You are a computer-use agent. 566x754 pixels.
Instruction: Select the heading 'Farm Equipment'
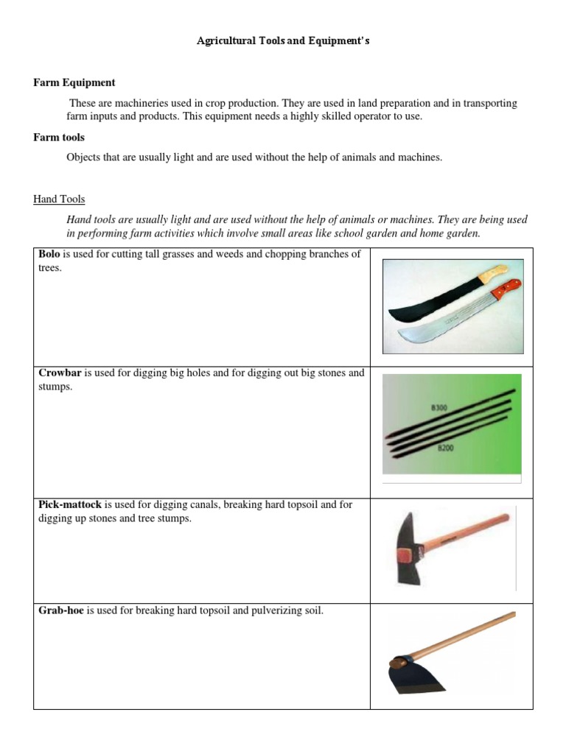pyautogui.click(x=74, y=82)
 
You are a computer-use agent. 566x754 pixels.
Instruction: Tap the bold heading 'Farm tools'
pyautogui.click(x=59, y=138)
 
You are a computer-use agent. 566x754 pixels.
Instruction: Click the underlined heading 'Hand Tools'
pyautogui.click(x=59, y=199)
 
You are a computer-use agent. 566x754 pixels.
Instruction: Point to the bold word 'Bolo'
pyautogui.click(x=49, y=254)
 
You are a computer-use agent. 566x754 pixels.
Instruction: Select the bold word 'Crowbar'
pyautogui.click(x=60, y=373)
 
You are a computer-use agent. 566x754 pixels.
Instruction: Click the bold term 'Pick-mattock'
pyautogui.click(x=70, y=505)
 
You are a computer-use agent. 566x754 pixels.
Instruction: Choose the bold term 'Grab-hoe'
pyautogui.click(x=61, y=610)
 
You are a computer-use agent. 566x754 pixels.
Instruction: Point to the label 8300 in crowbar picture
pyautogui.click(x=439, y=407)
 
